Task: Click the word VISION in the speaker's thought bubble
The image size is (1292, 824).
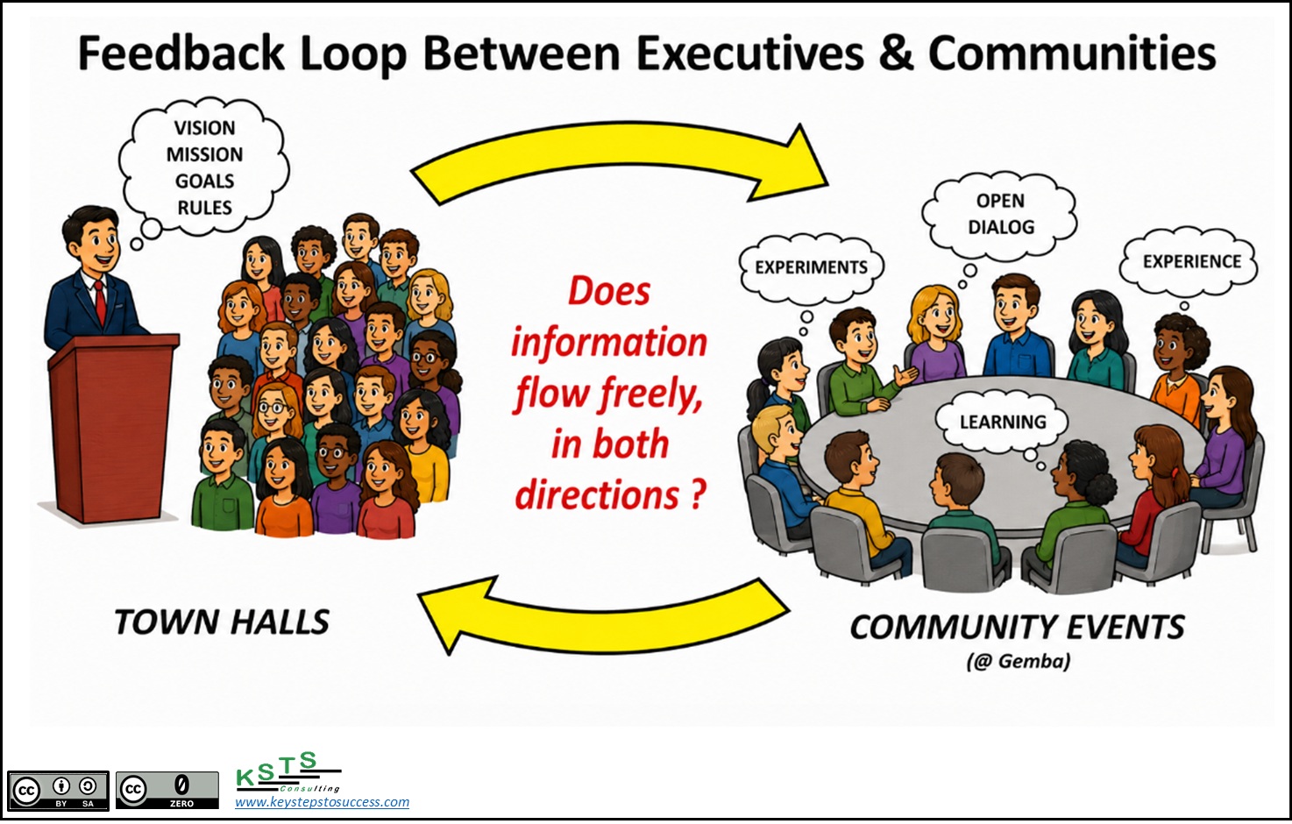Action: click(205, 127)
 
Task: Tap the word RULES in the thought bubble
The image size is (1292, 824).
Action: click(205, 207)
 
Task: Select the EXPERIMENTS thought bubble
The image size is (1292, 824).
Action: click(812, 267)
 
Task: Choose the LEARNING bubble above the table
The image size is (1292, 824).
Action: click(1003, 422)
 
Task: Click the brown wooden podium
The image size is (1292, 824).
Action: click(113, 428)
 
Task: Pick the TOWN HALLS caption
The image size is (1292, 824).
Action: click(222, 622)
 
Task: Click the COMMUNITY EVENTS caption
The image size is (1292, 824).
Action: click(1018, 628)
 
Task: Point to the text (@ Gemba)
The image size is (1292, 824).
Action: click(1019, 661)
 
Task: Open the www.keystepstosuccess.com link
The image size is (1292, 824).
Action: click(322, 802)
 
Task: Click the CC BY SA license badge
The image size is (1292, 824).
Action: click(58, 790)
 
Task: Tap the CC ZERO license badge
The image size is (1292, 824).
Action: click(167, 790)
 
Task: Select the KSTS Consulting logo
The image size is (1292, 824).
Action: click(288, 771)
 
